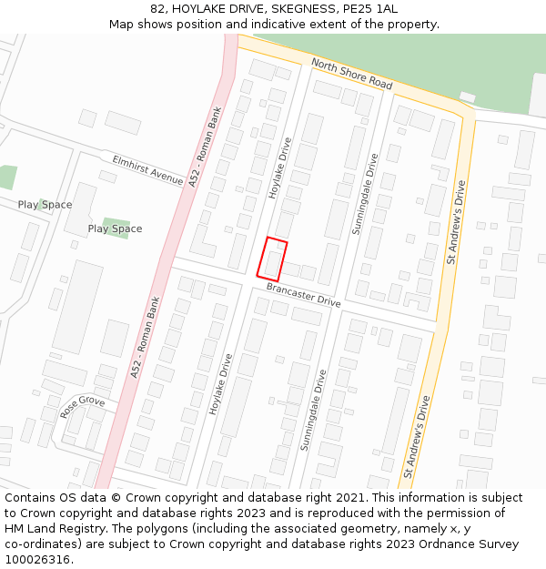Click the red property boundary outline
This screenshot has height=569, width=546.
[x=271, y=259]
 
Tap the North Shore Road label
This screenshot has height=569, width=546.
[x=351, y=73]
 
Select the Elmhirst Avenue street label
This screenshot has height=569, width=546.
[x=147, y=169]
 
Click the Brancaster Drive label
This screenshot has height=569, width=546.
[x=304, y=294]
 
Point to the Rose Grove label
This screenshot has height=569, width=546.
[x=83, y=406]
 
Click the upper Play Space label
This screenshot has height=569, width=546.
[x=45, y=205]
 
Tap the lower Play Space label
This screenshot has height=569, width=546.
[x=115, y=229]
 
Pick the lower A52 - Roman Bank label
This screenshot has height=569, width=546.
[x=146, y=337]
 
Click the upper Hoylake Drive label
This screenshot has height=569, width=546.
[x=280, y=168]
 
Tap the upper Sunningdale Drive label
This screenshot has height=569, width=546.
[x=363, y=193]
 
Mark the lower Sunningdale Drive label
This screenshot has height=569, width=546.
[x=311, y=409]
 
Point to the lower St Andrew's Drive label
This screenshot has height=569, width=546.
[x=417, y=436]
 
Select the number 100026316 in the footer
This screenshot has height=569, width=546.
[x=36, y=560]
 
